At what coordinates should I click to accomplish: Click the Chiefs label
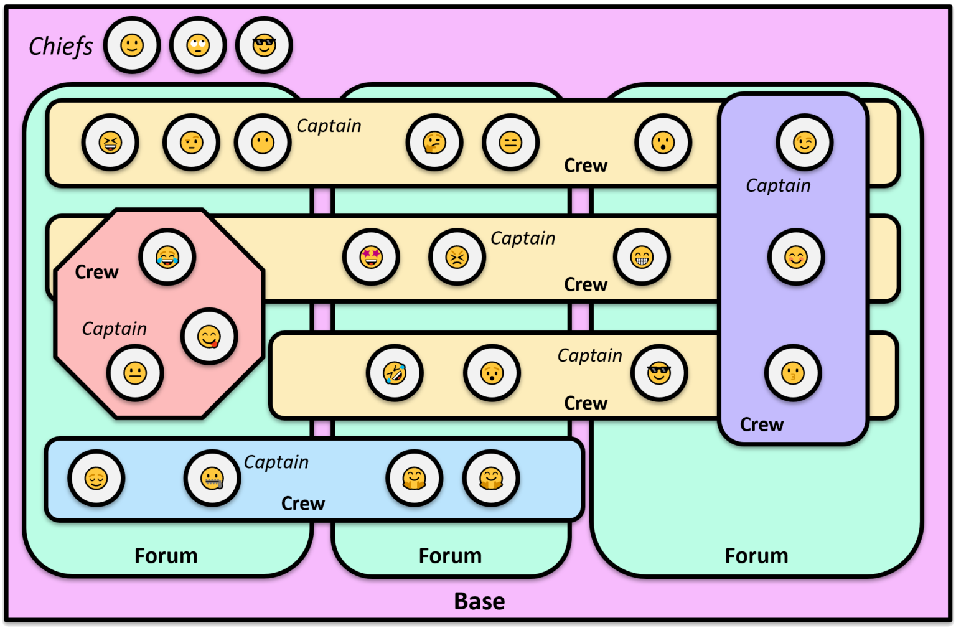[x=60, y=47]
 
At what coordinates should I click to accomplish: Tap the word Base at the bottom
[x=479, y=601]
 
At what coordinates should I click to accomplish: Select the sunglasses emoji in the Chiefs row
[x=264, y=45]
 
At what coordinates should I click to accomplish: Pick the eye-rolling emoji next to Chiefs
[x=198, y=45]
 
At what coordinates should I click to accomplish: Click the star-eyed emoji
[x=371, y=257]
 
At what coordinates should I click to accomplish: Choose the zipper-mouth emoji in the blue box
[x=212, y=479]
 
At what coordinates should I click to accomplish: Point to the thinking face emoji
[x=434, y=143]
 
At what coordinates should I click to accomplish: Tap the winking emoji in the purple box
[x=805, y=143]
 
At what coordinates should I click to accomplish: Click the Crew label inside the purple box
[x=761, y=424]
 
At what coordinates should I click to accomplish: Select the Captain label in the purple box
[x=778, y=185]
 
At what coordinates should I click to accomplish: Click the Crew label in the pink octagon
[x=96, y=272]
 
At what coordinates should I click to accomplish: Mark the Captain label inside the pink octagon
[x=115, y=329]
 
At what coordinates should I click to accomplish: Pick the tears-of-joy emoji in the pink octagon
[x=167, y=257]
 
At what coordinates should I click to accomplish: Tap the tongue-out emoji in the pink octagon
[x=209, y=337]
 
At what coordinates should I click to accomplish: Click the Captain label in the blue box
[x=276, y=462]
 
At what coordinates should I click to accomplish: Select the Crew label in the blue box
[x=302, y=503]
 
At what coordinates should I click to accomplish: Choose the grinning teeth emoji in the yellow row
[x=642, y=257]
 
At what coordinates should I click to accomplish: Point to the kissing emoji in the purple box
[x=793, y=373]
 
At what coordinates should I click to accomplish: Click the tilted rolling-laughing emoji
[x=395, y=373]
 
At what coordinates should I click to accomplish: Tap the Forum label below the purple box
[x=756, y=555]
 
